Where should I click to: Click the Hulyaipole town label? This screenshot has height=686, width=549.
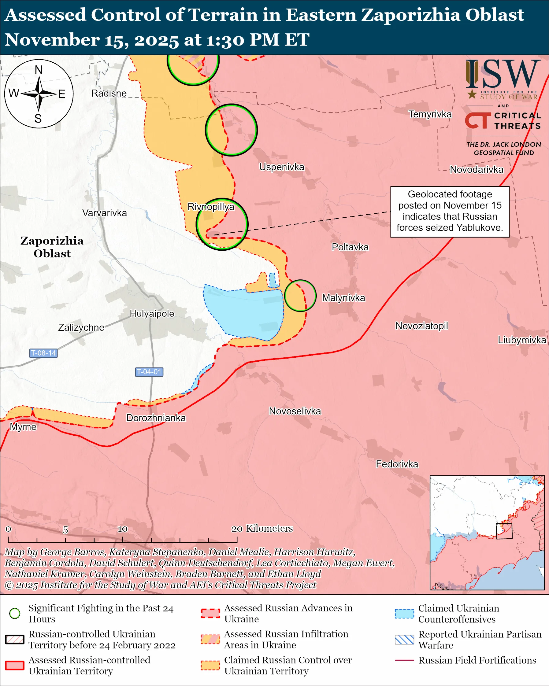(152, 314)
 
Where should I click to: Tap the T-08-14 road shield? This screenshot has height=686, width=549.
(43, 353)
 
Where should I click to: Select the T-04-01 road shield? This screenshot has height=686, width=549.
(149, 372)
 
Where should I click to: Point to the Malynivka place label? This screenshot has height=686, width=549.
(343, 298)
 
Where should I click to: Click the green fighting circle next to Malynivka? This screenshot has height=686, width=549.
(300, 296)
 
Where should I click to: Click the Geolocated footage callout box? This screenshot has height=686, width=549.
(449, 212)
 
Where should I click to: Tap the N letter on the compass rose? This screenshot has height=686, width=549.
(39, 70)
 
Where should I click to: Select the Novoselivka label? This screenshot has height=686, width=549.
(295, 411)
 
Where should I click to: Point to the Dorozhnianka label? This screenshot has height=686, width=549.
(156, 418)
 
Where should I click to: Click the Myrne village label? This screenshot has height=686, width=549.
(23, 427)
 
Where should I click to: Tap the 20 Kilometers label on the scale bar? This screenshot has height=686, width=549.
(262, 528)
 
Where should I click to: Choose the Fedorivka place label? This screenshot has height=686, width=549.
(397, 464)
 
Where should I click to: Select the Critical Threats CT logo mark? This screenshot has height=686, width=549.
(477, 120)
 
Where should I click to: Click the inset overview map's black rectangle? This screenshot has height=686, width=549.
(504, 531)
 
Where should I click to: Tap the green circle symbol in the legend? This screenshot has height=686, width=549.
(15, 613)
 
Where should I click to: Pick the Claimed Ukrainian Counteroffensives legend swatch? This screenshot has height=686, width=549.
(404, 614)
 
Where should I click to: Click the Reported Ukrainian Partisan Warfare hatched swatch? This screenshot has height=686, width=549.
(404, 640)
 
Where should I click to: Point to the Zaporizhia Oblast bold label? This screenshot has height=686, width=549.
(52, 247)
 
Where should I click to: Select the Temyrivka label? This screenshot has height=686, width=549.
(430, 114)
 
